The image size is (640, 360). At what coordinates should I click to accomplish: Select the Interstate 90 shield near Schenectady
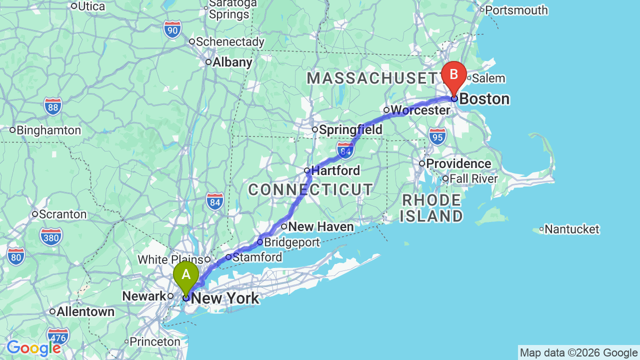pos(172,30)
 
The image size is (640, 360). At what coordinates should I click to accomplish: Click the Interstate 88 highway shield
pos(52,106)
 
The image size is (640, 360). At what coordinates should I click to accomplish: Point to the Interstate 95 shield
pos(437,136)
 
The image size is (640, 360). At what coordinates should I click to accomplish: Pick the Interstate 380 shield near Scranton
pos(51,236)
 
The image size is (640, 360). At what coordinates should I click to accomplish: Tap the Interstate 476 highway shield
pos(58,335)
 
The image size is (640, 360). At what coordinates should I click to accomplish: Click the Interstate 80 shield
pos(16,256)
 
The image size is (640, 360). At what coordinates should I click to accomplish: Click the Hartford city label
pos(335,171)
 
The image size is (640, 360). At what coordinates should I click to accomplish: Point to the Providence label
pos(458,164)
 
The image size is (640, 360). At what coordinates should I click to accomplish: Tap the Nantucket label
pos(571,229)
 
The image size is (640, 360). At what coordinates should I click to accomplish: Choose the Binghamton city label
pos(48,130)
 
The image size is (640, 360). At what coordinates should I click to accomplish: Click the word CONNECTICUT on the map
pos(310,190)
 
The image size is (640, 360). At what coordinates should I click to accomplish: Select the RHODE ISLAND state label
pos(432,208)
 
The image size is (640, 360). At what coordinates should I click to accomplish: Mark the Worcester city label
pos(420,110)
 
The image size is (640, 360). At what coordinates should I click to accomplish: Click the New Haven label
pos(321,227)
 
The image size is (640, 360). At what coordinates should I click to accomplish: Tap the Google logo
pos(33,348)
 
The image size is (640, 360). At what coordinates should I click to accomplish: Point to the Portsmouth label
pos(516,10)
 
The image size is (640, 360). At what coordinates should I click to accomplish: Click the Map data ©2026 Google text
pos(578,353)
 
